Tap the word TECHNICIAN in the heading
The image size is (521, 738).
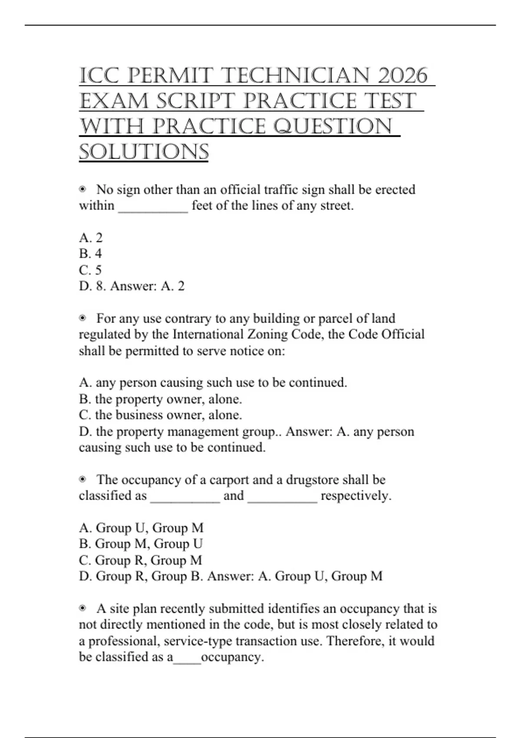coord(296,76)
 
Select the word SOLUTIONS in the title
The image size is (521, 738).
coord(144,152)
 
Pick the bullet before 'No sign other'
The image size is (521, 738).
coord(82,189)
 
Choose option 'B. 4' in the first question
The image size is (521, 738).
coord(90,254)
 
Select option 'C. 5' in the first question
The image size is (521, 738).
coord(90,270)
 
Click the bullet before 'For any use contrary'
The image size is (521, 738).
coord(82,318)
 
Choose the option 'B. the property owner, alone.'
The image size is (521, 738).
coord(160,399)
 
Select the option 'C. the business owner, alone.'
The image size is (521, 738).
coord(160,415)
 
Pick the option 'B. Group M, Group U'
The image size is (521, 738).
coord(141,544)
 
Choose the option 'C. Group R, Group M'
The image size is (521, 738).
coord(140,560)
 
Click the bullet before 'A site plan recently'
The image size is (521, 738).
coord(82,609)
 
